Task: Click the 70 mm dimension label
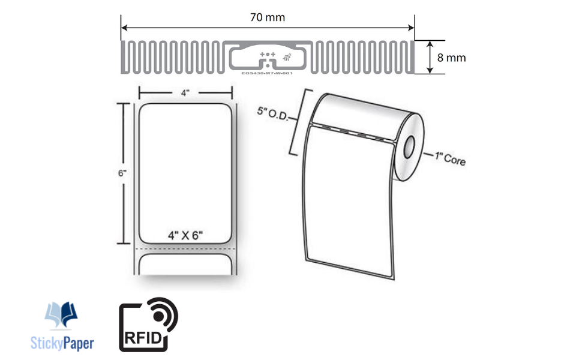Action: coord(267,17)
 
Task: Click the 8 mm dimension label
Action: coord(451,58)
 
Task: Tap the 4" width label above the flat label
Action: coord(185,92)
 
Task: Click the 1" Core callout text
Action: coord(449,159)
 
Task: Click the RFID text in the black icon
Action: coord(142,338)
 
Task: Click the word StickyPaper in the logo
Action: coord(62,343)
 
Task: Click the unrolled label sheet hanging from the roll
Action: coord(348,198)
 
